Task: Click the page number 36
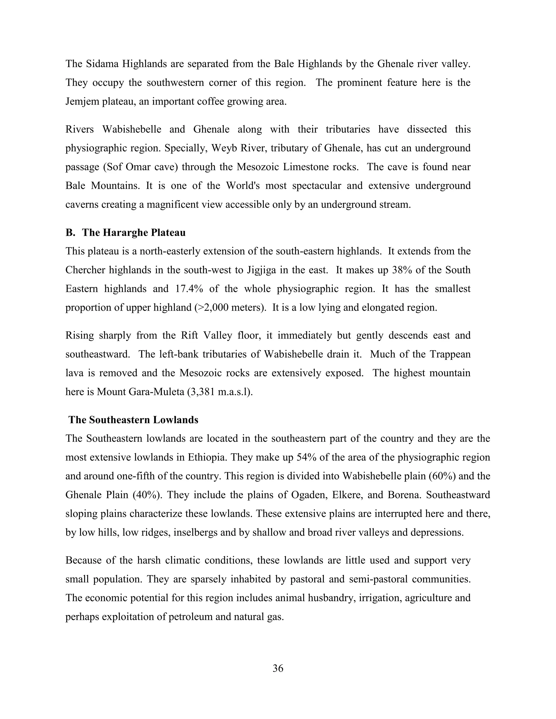click(x=278, y=668)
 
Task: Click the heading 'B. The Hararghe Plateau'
click(x=125, y=233)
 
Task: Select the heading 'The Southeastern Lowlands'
click(x=133, y=420)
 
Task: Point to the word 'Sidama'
click(x=102, y=63)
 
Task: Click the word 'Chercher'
click(x=85, y=270)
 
